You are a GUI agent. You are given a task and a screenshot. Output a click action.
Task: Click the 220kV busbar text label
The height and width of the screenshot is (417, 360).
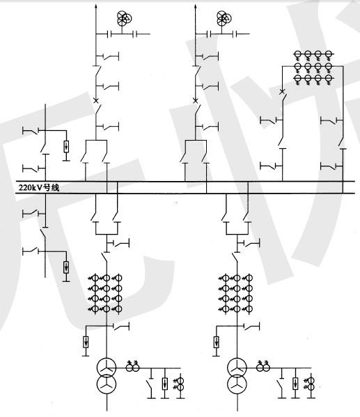click(x=39, y=188)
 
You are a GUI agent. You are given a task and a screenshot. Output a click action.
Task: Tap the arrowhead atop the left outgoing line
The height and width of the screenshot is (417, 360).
click(x=96, y=7)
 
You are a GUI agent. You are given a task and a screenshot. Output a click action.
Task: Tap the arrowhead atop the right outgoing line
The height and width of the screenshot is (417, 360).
click(x=196, y=7)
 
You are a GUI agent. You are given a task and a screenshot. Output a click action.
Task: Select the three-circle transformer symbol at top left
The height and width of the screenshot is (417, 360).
click(x=124, y=18)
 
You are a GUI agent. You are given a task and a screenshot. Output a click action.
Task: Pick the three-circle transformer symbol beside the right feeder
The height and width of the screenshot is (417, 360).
click(x=224, y=18)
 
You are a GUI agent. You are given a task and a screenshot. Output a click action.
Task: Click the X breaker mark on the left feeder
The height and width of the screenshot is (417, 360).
click(x=96, y=100)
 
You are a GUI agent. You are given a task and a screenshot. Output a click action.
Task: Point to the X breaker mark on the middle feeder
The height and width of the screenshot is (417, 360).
click(x=196, y=100)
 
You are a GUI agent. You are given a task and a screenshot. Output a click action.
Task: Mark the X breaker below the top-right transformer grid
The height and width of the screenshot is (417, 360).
click(x=282, y=92)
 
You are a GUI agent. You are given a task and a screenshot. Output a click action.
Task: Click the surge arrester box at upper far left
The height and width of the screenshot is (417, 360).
click(x=66, y=146)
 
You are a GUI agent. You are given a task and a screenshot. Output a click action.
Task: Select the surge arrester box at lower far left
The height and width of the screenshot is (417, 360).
click(x=66, y=267)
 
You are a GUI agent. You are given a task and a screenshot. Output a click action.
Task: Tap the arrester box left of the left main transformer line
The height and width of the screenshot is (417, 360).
click(x=86, y=342)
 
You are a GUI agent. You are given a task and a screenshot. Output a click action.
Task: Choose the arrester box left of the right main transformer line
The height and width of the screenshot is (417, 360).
click(x=217, y=342)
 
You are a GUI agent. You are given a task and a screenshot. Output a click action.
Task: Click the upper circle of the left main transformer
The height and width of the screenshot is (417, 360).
click(x=107, y=368)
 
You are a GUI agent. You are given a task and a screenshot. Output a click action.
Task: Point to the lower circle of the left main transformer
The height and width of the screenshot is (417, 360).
click(x=107, y=384)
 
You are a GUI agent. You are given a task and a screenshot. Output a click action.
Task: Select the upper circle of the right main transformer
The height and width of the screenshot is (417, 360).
click(x=237, y=368)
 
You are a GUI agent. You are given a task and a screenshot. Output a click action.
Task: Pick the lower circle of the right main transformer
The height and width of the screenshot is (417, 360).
click(x=237, y=384)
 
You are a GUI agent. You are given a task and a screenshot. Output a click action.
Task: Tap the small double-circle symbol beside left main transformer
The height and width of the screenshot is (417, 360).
click(x=132, y=368)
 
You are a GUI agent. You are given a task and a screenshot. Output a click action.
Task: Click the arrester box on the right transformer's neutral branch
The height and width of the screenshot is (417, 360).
click(x=295, y=384)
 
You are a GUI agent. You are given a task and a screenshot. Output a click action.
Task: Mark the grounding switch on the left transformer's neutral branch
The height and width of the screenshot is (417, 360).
click(x=150, y=384)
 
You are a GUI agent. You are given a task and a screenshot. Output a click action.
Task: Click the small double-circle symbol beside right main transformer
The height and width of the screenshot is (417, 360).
click(x=263, y=368)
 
